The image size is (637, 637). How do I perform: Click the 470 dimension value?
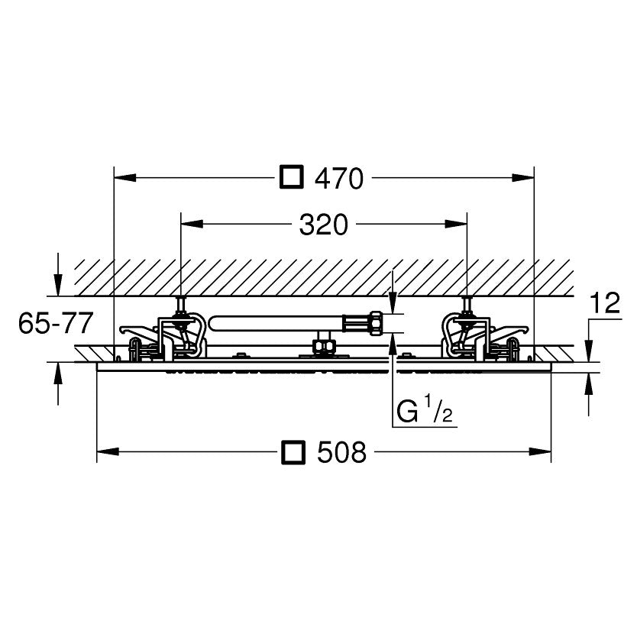340,178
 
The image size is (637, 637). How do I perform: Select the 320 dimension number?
324,225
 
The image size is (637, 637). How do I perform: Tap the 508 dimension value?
341,452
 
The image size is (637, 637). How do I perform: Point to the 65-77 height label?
56,323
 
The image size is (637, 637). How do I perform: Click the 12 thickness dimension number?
606,302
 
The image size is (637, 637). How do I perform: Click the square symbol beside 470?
292,176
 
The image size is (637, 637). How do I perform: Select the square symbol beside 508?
293,451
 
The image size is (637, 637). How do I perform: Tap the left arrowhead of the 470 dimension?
125,177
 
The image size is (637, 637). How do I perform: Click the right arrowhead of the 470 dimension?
523,177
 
